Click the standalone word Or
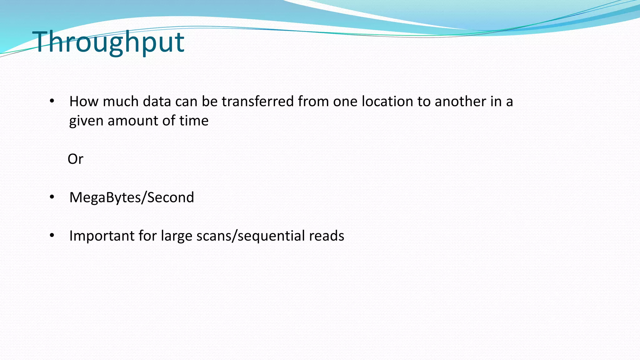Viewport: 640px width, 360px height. coord(75,159)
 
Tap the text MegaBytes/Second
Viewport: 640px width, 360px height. coord(132,197)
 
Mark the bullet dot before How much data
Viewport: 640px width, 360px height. coord(52,101)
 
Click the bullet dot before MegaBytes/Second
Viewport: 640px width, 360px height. coord(52,197)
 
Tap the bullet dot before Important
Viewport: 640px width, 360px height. coord(52,235)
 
